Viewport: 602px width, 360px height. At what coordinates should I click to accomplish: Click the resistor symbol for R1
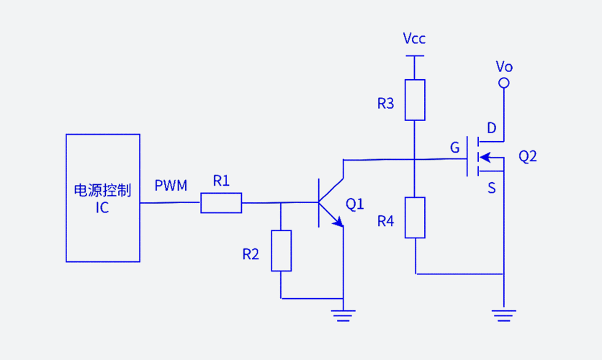221,203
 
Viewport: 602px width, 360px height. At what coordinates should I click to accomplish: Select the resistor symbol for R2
281,251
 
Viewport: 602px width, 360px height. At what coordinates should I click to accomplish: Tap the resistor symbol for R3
415,99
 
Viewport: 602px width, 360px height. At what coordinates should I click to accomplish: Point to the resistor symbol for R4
415,217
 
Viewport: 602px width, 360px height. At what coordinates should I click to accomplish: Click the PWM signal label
171,186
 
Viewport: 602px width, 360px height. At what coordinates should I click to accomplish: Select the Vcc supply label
414,39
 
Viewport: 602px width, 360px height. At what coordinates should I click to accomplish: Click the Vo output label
504,67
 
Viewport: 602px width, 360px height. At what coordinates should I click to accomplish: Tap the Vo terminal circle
504,84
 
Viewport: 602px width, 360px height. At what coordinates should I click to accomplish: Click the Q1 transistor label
355,204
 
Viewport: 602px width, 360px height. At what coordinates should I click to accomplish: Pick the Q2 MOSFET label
528,156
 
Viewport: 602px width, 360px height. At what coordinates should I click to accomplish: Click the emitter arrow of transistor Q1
337,222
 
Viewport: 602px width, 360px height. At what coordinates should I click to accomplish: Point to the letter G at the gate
454,148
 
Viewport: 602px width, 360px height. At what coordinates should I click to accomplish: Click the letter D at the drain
492,128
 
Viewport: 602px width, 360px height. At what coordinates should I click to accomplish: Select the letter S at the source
492,188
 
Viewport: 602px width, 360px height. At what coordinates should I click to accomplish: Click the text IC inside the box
102,208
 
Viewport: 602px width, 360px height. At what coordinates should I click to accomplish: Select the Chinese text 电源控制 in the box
102,190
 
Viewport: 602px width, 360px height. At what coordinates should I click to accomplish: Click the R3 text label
386,104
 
